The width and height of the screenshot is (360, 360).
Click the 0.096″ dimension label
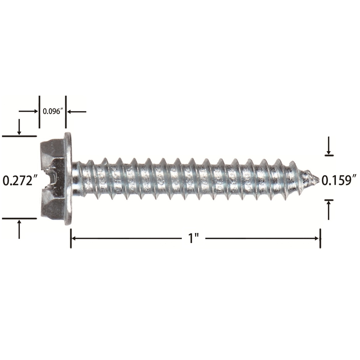click(53, 111)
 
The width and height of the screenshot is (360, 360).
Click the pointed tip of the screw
click(319, 178)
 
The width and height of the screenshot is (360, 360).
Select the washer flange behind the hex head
click(68, 179)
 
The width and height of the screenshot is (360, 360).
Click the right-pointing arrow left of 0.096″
click(28, 111)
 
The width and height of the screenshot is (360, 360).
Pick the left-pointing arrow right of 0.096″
click(77, 112)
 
